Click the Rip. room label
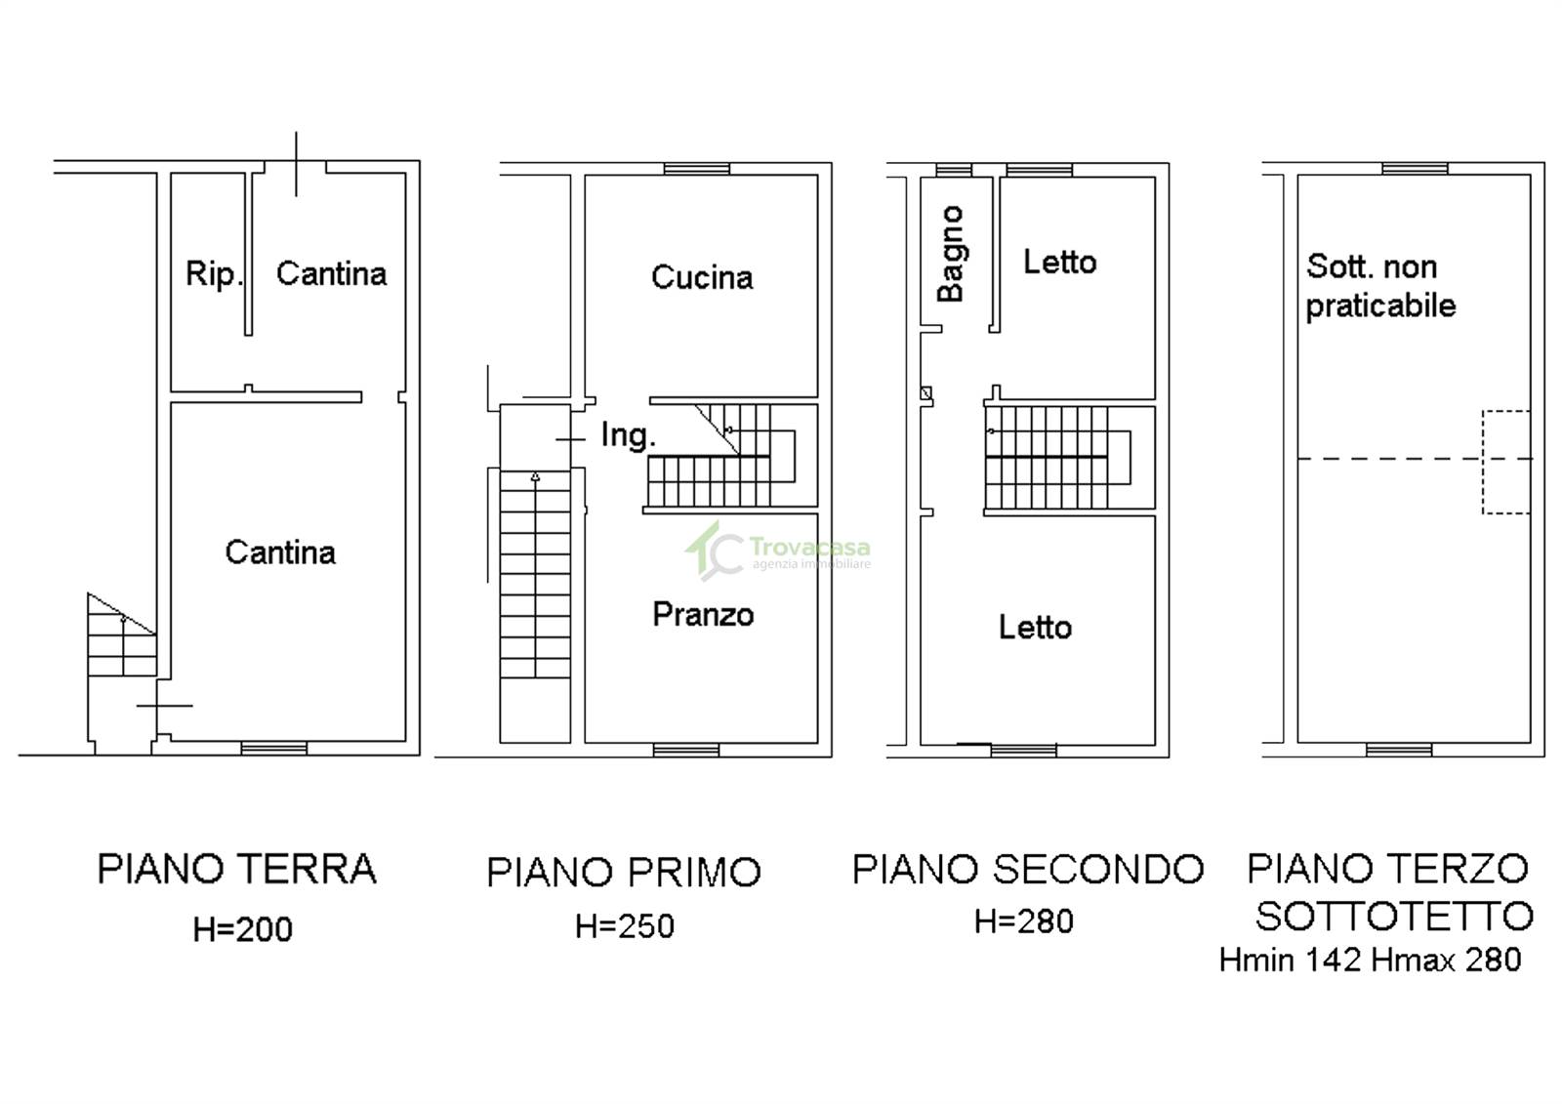click(214, 274)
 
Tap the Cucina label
click(702, 277)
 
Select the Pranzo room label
click(703, 614)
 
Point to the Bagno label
click(951, 254)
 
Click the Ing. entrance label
click(629, 436)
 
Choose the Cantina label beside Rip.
click(331, 273)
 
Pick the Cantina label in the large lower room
click(280, 552)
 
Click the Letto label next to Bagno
click(1060, 263)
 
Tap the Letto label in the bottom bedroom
click(1036, 628)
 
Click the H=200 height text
click(243, 929)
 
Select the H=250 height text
click(625, 926)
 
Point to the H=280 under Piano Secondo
click(1024, 921)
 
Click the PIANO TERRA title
click(237, 869)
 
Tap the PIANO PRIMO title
click(624, 872)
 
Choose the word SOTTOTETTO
click(1395, 916)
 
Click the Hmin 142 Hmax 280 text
click(1371, 960)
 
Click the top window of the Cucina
click(697, 169)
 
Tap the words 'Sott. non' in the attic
click(1372, 266)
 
